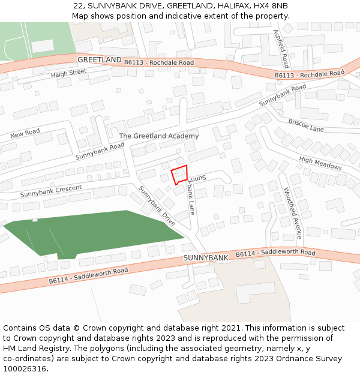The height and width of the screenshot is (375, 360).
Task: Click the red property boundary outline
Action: coord(180,174)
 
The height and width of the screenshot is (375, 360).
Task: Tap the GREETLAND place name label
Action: coord(99,60)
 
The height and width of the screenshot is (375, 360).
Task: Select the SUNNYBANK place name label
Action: coord(205,258)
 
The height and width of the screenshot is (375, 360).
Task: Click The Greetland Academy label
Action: coord(158,136)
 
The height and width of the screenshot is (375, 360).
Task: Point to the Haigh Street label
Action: coord(68,73)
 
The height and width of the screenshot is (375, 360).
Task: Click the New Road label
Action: coord(25,133)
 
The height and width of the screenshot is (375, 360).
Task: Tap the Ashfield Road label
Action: coord(281,49)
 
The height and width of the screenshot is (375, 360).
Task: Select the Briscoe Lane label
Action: coord(305,125)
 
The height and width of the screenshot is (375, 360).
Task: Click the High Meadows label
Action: coord(320,163)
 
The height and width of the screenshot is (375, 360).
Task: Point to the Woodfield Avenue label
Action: coord(292,214)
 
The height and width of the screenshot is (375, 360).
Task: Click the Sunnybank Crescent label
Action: coord(50,191)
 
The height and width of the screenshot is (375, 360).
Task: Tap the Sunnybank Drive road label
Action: coord(157,206)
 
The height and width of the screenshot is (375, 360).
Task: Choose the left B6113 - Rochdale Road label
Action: coord(158,62)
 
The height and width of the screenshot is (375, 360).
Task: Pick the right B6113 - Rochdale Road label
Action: coord(310,74)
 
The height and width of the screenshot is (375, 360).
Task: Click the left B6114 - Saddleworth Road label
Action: coord(88,275)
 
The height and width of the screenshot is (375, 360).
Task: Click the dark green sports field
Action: coord(90,233)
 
